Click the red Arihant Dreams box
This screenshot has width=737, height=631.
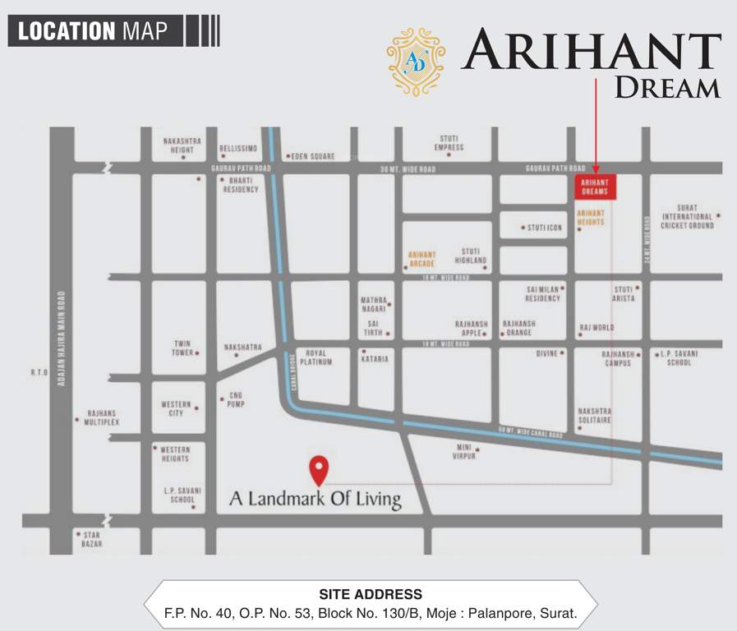pos(595,187)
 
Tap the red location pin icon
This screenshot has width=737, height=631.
pos(318,469)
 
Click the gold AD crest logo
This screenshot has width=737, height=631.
pos(416,62)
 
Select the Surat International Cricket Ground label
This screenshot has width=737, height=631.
pos(688,217)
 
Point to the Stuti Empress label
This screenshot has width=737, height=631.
pos(449,143)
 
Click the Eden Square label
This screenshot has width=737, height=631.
pos(311,156)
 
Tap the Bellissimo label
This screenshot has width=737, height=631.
pos(238,149)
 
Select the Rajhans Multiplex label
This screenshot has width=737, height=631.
pos(103,418)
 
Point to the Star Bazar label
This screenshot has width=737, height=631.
pos(91,539)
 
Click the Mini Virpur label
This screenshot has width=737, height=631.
pos(463,451)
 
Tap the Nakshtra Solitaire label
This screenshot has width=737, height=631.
pos(595,415)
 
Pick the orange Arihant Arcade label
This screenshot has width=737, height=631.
pos(421,259)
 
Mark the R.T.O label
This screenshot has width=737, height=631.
pos(39,372)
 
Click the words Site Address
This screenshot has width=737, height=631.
pos(370,594)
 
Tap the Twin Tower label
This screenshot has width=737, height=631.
pos(182,348)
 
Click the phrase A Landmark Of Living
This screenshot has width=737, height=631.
pos(315,498)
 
